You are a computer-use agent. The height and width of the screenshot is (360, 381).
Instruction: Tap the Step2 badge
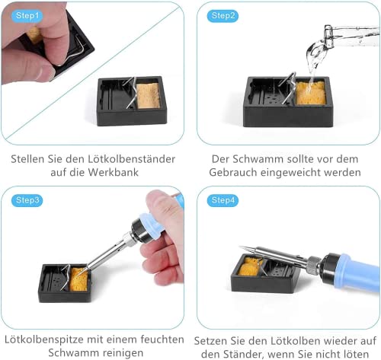tap(223, 15)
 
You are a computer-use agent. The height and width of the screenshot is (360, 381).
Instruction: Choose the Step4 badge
tap(223, 200)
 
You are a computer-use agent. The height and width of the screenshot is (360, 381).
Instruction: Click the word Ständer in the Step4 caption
tap(242, 352)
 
